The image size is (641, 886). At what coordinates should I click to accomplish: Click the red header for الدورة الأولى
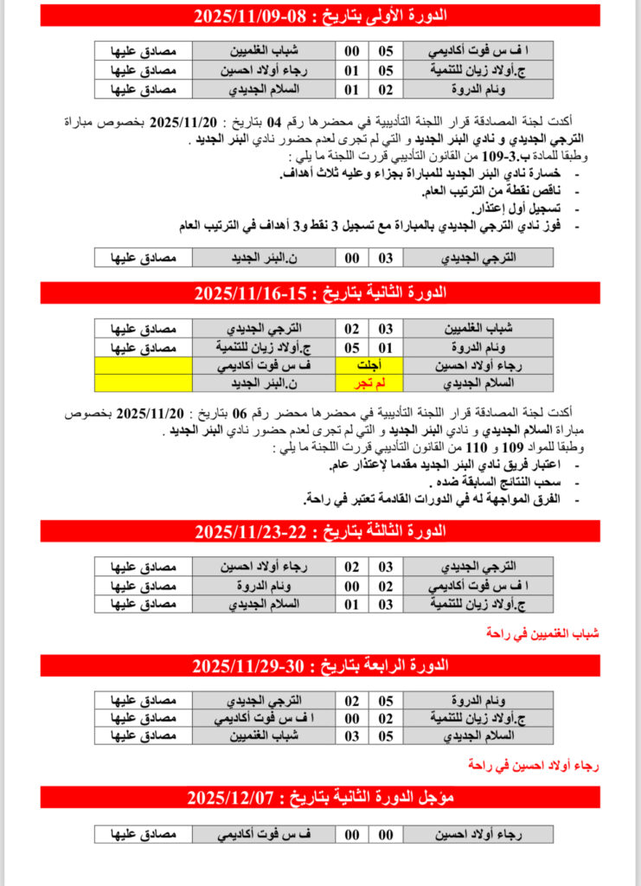pos(320,16)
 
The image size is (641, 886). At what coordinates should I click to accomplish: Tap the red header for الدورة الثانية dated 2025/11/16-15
pos(320,292)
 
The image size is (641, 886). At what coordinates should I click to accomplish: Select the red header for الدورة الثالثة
pos(320,530)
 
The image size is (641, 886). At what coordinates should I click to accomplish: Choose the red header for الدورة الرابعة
pos(320,664)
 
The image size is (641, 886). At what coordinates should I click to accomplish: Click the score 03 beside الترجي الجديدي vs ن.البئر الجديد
pos(387,258)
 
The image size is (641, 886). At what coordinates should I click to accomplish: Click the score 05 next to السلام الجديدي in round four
pos(387,735)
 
